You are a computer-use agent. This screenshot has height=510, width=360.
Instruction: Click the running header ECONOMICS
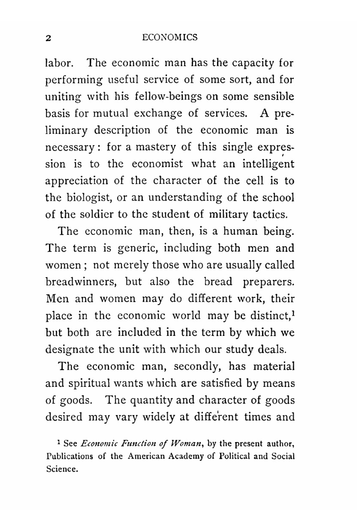coord(170,37)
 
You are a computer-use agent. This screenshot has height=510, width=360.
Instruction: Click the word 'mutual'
coord(111,114)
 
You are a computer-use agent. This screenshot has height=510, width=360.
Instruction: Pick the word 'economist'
coord(157,164)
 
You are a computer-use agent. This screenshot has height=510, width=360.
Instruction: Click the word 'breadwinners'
coord(82,282)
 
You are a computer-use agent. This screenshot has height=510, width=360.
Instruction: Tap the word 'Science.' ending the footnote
coord(62,469)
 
